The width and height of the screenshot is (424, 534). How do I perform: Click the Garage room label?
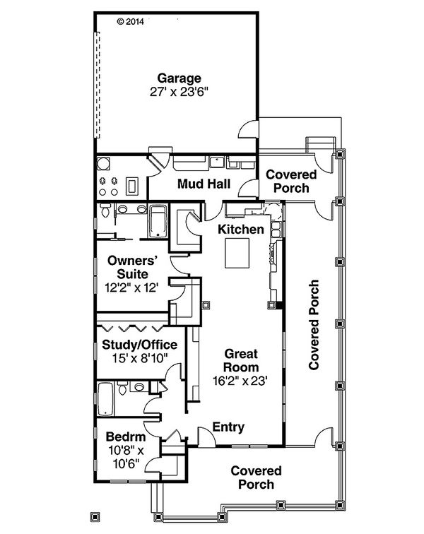point(179,78)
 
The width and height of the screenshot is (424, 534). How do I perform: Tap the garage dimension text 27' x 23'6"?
point(179,92)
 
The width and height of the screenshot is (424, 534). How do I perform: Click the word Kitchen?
point(240,230)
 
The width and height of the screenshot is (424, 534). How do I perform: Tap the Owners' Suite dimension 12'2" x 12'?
point(131,287)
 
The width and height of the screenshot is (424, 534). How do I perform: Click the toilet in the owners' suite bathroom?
point(105,210)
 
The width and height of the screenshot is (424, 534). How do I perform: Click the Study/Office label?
point(139,345)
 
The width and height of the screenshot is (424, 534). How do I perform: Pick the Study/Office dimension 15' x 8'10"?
point(139,358)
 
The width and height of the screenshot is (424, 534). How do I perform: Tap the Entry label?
point(228,427)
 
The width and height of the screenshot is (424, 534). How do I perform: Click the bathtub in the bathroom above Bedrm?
point(106,400)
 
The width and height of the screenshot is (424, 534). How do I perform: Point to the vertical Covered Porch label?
point(314,325)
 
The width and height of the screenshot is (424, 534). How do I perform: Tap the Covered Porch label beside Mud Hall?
point(288,181)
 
